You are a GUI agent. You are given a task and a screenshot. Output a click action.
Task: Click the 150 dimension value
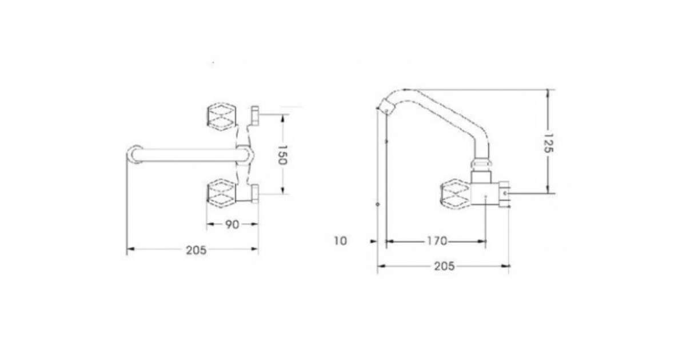282,155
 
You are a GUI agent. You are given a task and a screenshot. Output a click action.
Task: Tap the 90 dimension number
232,225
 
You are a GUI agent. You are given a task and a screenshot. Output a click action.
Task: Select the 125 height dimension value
548,143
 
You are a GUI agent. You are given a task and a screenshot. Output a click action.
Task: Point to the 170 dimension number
437,241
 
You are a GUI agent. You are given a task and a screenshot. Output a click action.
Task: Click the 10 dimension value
340,241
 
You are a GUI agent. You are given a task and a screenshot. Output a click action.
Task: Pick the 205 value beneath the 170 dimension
444,266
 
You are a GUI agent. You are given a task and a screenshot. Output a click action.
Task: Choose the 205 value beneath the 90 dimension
196,250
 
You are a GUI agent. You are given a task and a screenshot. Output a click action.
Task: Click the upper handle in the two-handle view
221,117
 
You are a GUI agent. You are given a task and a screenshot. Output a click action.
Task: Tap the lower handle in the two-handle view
221,194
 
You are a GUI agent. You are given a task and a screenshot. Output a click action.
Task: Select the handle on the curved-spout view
455,196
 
